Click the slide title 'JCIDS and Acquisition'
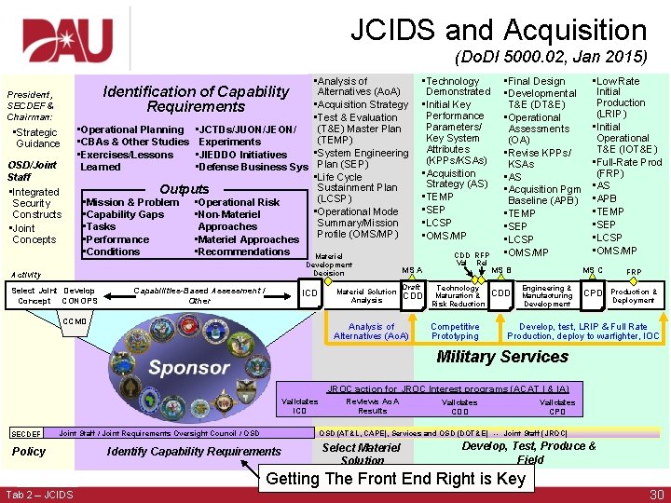click(x=498, y=30)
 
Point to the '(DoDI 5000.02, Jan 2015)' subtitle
click(x=550, y=57)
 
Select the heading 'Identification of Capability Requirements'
click(x=196, y=99)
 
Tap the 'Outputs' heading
click(x=185, y=188)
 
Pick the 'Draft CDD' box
click(x=411, y=292)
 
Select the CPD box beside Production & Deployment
click(x=592, y=293)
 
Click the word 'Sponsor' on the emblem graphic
click(x=189, y=366)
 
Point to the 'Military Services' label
click(x=501, y=357)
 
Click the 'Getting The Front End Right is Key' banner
click(x=396, y=479)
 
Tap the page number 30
click(x=655, y=494)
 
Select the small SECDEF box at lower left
click(x=25, y=433)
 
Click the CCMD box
click(x=75, y=321)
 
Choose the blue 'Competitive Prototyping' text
click(x=455, y=332)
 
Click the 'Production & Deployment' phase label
click(x=634, y=295)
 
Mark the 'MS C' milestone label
click(x=592, y=271)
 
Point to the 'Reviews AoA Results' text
click(x=372, y=406)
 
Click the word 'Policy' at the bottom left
click(x=28, y=452)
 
